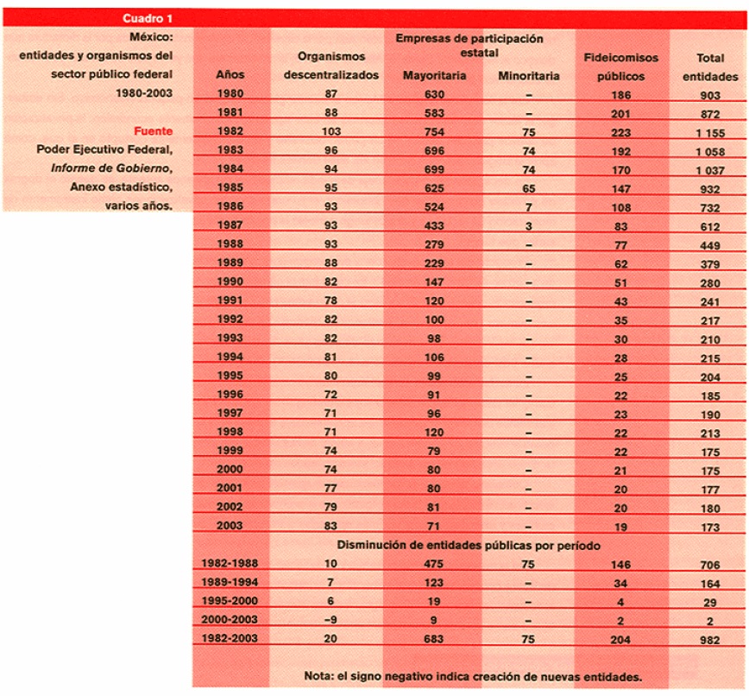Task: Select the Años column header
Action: click(230, 75)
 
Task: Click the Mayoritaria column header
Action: click(434, 75)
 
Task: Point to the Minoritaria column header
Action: click(528, 75)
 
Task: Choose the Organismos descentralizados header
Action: click(330, 66)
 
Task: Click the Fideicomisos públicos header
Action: click(620, 66)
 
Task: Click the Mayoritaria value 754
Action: click(434, 132)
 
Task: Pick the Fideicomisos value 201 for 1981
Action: click(620, 113)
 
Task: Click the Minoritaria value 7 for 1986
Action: click(528, 207)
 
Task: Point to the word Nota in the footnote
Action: click(321, 675)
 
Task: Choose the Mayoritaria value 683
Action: click(434, 639)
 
